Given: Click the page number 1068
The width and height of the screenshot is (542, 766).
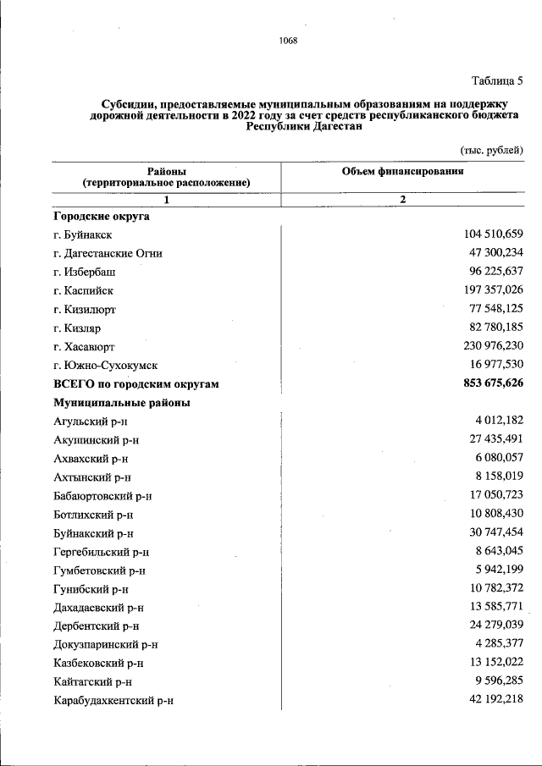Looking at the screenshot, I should tap(288, 41).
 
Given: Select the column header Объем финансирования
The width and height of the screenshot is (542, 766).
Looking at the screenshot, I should tap(402, 171).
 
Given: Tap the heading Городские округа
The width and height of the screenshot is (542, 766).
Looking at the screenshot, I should tap(101, 216).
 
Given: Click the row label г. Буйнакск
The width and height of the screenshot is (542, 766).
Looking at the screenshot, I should tap(82, 234).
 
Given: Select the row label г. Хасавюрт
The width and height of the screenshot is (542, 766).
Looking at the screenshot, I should tap(84, 347).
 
